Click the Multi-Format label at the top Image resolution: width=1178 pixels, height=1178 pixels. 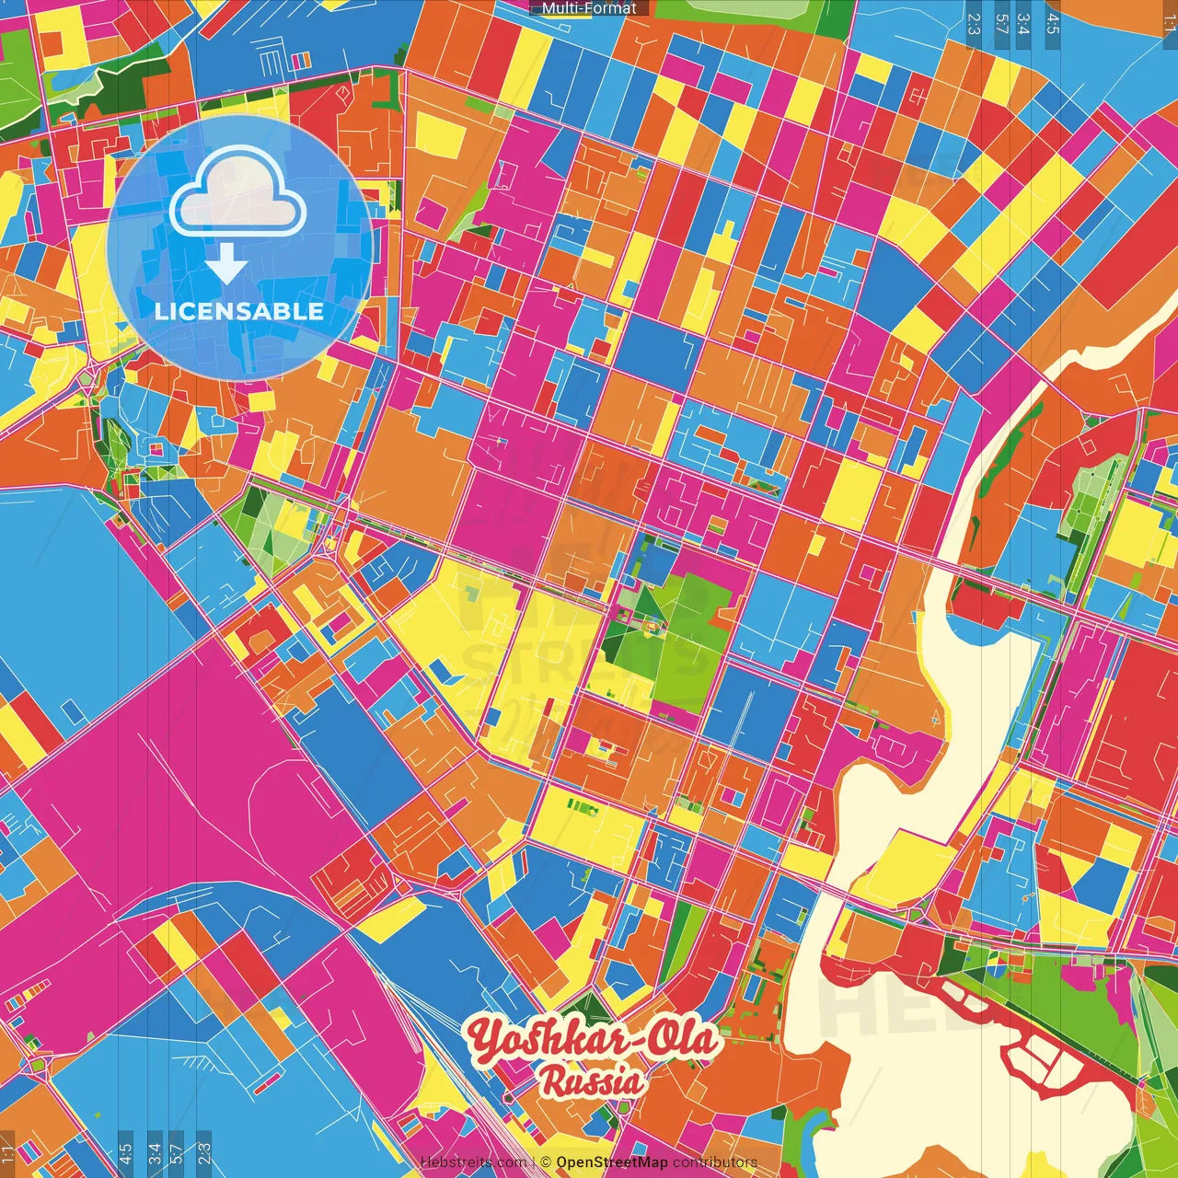pos(589,8)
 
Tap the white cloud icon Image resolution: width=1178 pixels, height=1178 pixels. pos(237,193)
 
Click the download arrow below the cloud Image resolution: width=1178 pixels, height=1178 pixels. pos(226,267)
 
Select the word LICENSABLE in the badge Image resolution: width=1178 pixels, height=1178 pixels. pos(239,311)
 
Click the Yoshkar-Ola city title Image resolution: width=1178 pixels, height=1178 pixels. pos(592,1041)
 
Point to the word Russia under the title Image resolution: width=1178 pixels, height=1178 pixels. pos(592,1080)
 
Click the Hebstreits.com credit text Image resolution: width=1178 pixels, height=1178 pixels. pos(473,1162)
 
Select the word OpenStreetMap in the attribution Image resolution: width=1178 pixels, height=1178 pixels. pos(611,1162)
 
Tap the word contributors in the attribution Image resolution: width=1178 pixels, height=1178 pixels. pos(715,1162)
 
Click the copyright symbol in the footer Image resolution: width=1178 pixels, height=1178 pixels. pos(545,1162)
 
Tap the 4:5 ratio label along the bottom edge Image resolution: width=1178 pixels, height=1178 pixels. pos(125,1153)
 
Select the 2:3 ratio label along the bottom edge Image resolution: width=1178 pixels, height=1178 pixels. pos(204,1153)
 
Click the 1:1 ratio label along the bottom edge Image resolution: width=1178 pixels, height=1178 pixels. pos(7,1153)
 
